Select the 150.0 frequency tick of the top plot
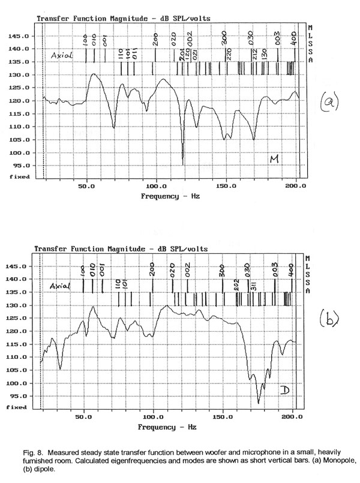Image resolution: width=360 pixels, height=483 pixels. coord(226,187)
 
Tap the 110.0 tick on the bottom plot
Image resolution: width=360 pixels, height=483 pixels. coord(17,357)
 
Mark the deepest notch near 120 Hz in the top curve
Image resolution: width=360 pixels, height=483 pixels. coord(182,163)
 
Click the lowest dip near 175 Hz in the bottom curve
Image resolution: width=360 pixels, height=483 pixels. coord(259,403)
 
